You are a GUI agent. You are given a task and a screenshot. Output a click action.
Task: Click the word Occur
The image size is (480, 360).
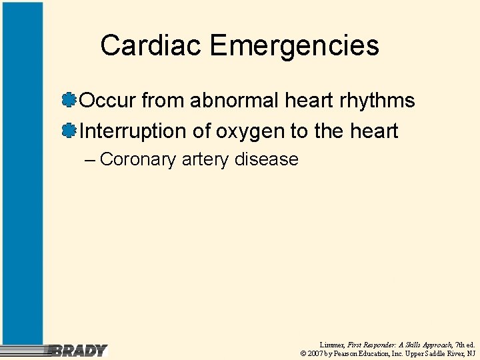pos(108,101)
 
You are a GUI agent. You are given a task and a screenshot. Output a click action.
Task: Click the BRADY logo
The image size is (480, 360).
pos(79,350)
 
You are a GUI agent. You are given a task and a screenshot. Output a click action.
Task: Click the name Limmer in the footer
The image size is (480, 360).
pos(331,344)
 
